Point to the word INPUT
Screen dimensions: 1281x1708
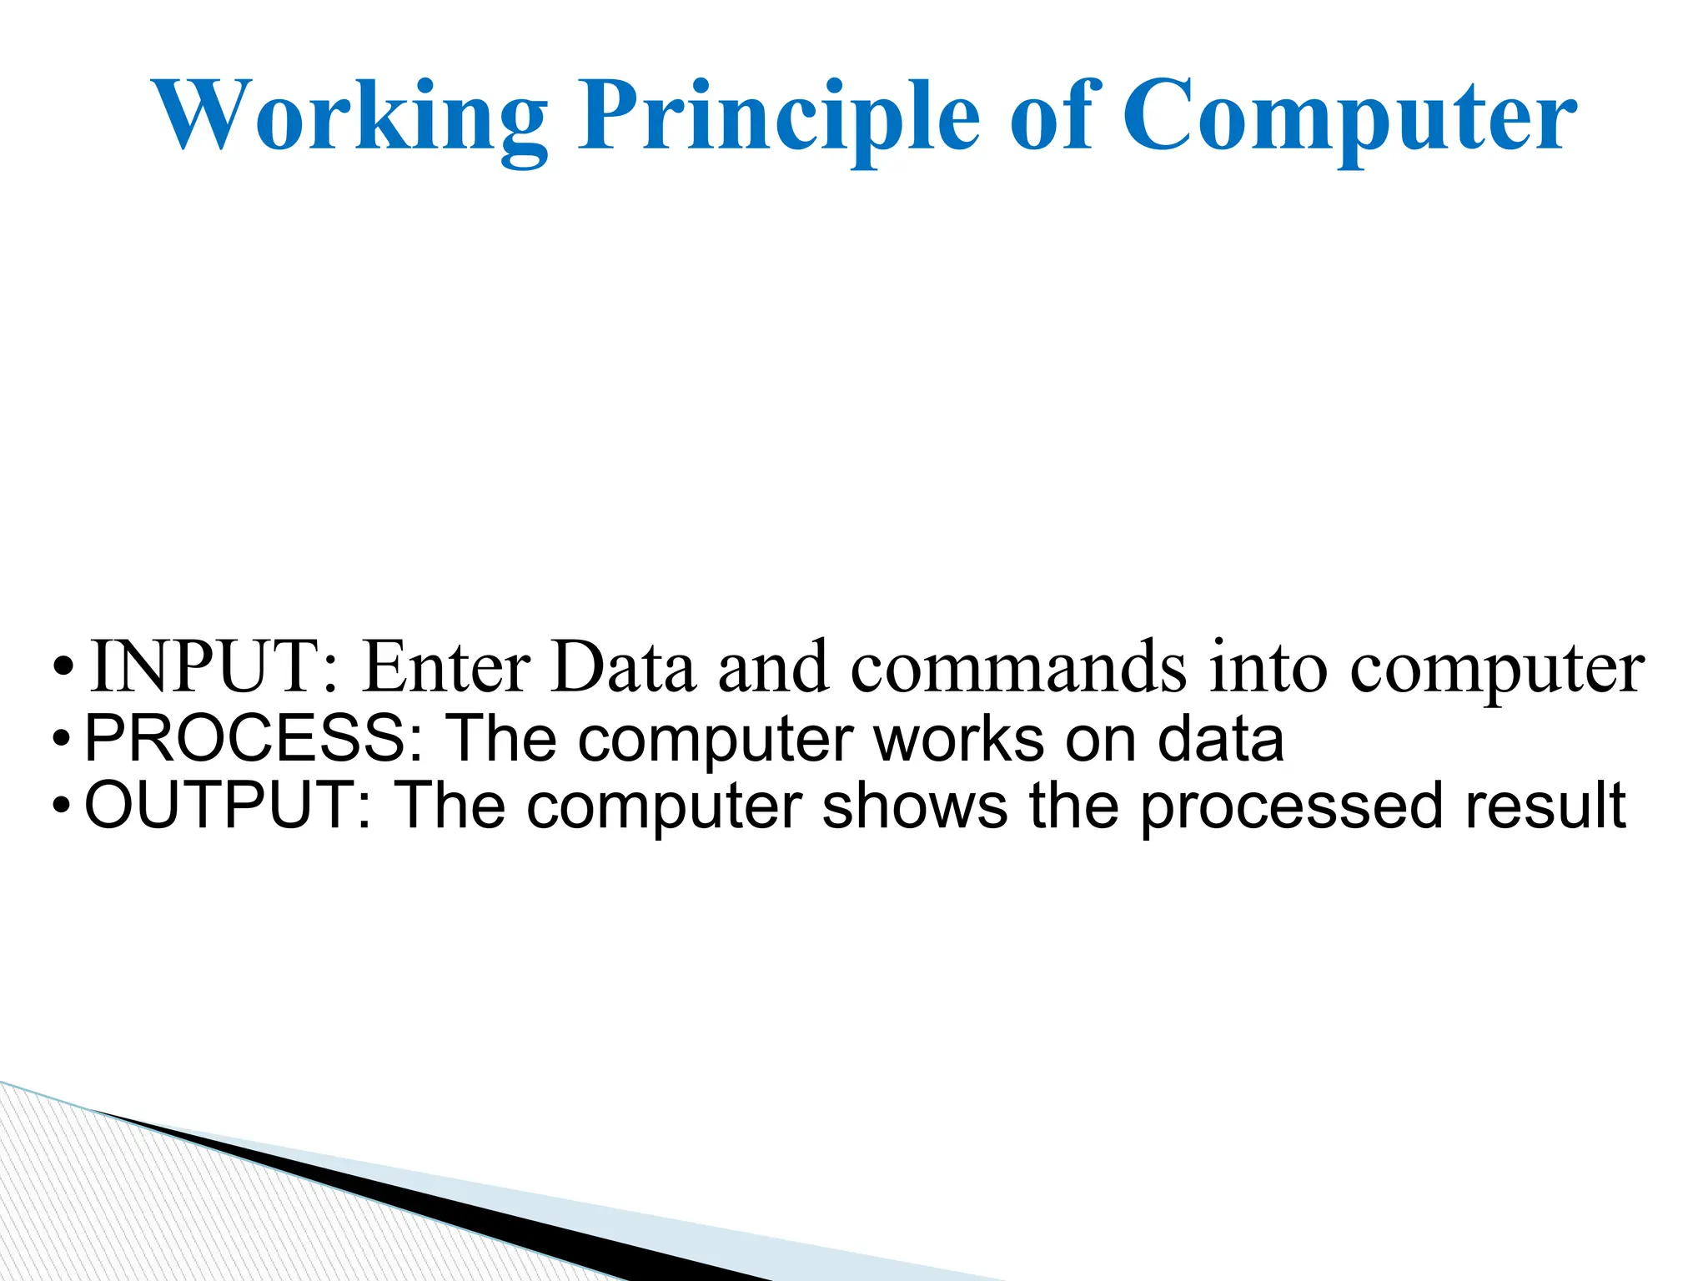click(213, 667)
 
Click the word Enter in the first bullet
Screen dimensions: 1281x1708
click(446, 667)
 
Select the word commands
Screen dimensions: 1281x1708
click(1018, 667)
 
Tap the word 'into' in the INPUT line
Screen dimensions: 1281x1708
click(1268, 667)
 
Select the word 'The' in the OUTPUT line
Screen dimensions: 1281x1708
click(450, 806)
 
